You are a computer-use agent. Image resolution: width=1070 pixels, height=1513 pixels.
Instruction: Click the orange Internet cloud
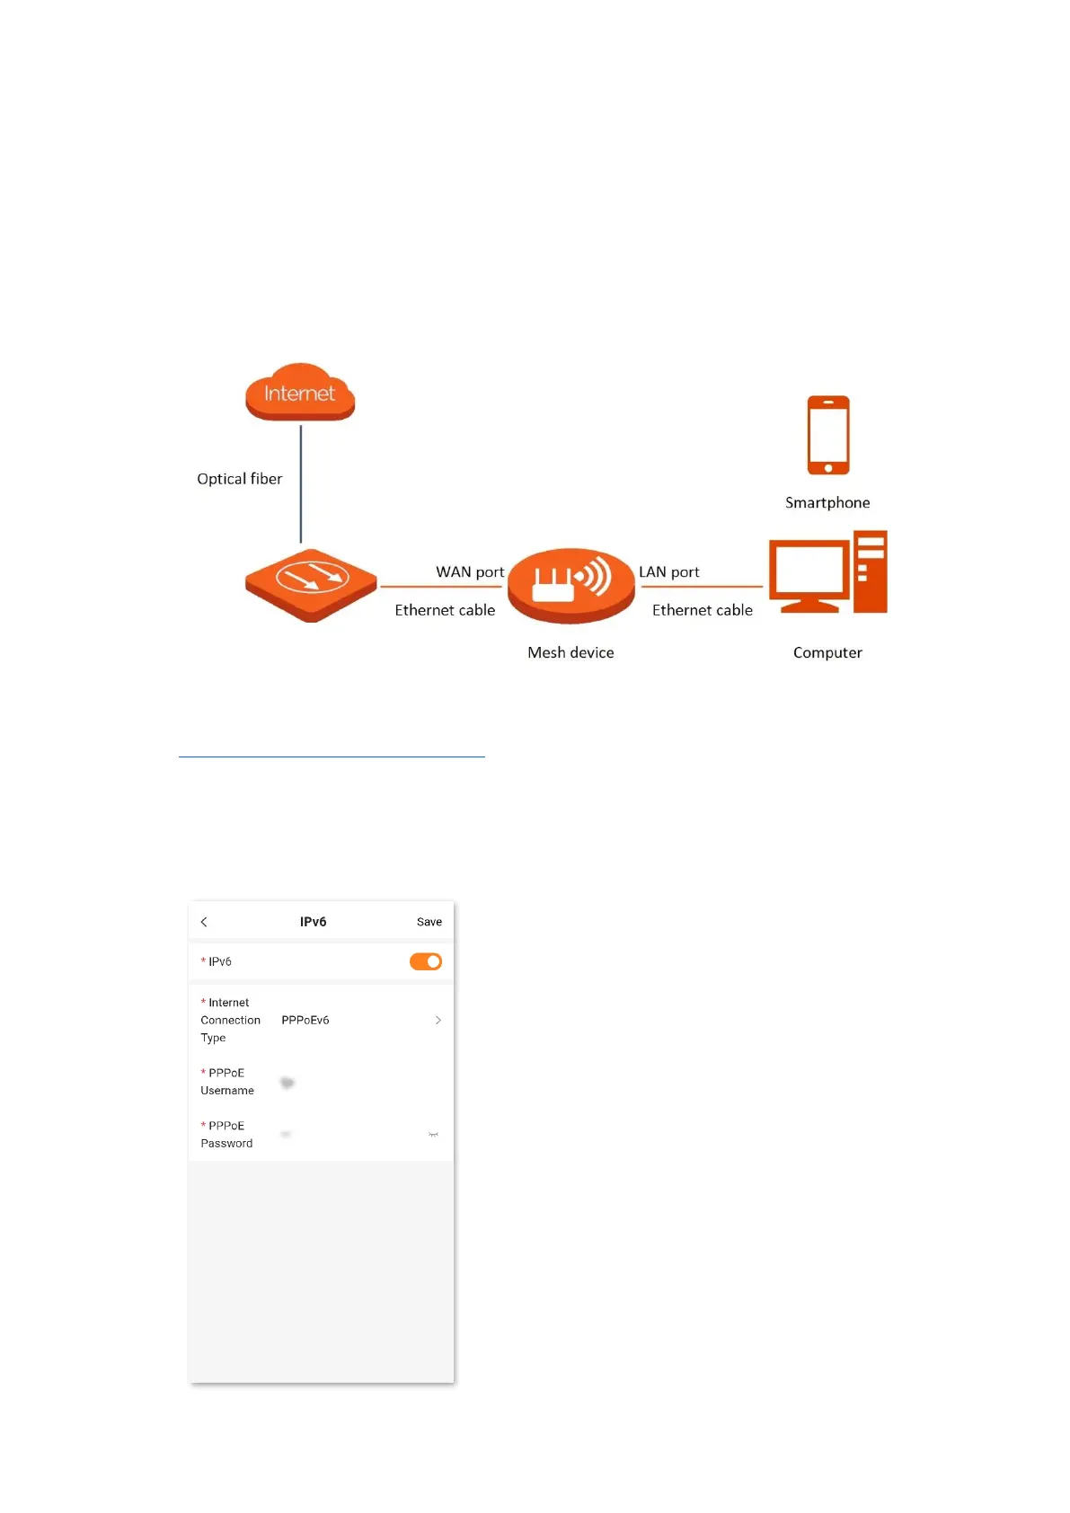[300, 393]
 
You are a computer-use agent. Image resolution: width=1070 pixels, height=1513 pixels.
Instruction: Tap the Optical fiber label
[239, 479]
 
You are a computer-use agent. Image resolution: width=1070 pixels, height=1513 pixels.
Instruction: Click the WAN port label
[470, 572]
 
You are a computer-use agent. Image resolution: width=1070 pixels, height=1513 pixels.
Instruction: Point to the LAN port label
[668, 572]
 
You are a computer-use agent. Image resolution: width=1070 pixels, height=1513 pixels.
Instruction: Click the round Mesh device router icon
[571, 584]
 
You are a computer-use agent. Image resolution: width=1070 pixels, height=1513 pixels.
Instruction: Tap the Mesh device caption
[570, 653]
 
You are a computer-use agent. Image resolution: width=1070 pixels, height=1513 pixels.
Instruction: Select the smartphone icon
[827, 435]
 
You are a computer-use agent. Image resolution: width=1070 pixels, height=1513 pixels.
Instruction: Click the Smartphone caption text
[827, 503]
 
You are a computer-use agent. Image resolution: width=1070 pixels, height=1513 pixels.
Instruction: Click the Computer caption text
[827, 653]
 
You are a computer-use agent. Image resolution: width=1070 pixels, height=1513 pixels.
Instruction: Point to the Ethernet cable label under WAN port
[445, 610]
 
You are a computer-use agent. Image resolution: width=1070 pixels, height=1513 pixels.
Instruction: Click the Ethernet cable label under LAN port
[703, 610]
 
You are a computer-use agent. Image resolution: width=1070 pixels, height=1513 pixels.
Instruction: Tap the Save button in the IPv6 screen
[429, 922]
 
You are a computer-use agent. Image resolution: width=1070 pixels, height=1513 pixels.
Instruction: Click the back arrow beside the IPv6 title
[204, 922]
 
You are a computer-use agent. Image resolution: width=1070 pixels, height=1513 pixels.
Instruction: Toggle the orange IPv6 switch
[426, 961]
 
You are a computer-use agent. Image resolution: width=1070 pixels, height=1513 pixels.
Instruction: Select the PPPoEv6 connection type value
[305, 1021]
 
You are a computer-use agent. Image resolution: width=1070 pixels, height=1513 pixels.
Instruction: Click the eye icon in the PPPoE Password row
[433, 1135]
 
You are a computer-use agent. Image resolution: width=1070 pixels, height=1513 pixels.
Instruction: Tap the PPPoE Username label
[227, 1082]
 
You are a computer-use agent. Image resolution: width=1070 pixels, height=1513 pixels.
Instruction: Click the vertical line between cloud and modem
[301, 483]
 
